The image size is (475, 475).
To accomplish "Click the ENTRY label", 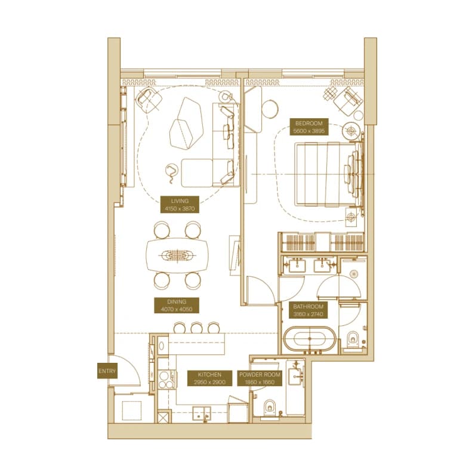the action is pyautogui.click(x=107, y=371).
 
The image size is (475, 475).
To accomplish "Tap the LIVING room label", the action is pyautogui.click(x=180, y=205).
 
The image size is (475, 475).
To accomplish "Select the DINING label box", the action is pyautogui.click(x=177, y=306).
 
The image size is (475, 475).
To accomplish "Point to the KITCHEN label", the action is pyautogui.click(x=209, y=378).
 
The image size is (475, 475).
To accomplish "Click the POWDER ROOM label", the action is pyautogui.click(x=260, y=378).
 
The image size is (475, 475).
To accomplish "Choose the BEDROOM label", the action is pyautogui.click(x=309, y=127).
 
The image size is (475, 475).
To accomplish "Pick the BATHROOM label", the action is pyautogui.click(x=308, y=310).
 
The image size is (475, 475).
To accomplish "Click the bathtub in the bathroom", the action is pyautogui.click(x=310, y=340).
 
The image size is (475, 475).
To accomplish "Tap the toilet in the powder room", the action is pyautogui.click(x=270, y=407).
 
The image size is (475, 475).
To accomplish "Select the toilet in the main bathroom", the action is pyautogui.click(x=353, y=339).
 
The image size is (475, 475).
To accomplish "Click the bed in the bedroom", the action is pyautogui.click(x=329, y=174).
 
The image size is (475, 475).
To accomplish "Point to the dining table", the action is pyautogui.click(x=177, y=255).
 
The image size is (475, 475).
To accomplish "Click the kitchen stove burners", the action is pyautogui.click(x=165, y=380).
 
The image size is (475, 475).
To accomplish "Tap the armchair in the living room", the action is pyautogui.click(x=149, y=98).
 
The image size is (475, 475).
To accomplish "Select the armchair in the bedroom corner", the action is pyautogui.click(x=347, y=100).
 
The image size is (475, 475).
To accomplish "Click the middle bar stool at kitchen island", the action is pyautogui.click(x=196, y=328).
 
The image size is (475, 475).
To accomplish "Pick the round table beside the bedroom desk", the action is pyautogui.click(x=270, y=109).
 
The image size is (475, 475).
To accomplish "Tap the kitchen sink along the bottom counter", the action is pyautogui.click(x=202, y=413).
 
